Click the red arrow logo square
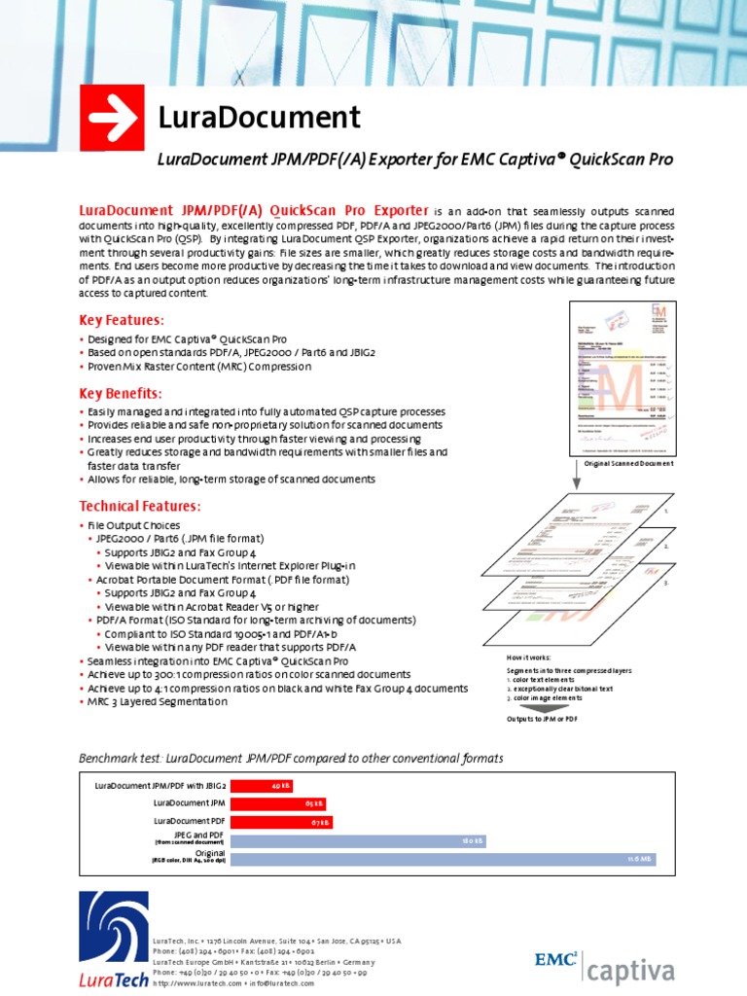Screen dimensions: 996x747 [112, 118]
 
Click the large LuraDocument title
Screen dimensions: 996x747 [259, 118]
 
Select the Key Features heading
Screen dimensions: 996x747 [121, 320]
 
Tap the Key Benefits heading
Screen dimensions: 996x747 [120, 393]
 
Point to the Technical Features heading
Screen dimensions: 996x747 [139, 506]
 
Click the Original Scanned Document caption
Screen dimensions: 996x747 [628, 465]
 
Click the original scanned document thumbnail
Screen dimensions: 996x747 [622, 378]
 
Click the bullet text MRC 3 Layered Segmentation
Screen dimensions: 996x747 [159, 701]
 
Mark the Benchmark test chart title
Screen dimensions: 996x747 [291, 757]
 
